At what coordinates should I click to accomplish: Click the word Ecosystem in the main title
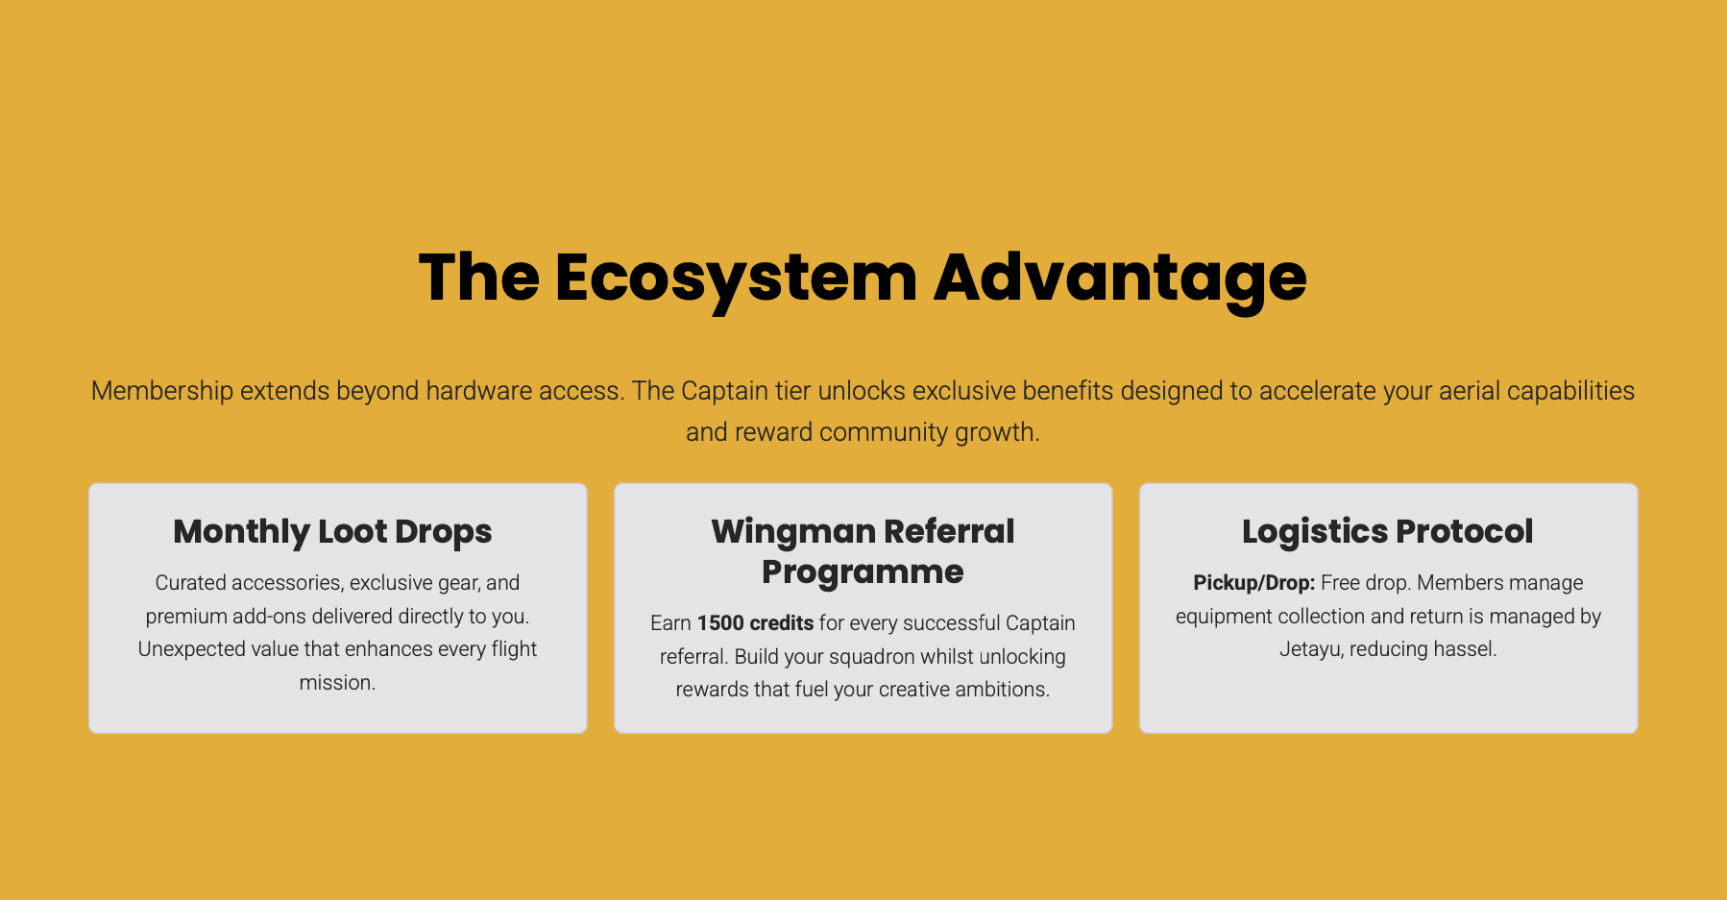[736, 279]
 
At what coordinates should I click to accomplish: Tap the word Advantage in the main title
[1120, 278]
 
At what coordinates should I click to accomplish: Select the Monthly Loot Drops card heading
[332, 532]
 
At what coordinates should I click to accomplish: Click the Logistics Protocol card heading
[1388, 531]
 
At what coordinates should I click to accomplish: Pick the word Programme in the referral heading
[863, 572]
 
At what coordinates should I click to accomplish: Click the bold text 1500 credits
[755, 623]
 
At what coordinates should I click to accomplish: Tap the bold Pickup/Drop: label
[1253, 583]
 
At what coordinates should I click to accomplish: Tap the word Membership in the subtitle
[162, 391]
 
